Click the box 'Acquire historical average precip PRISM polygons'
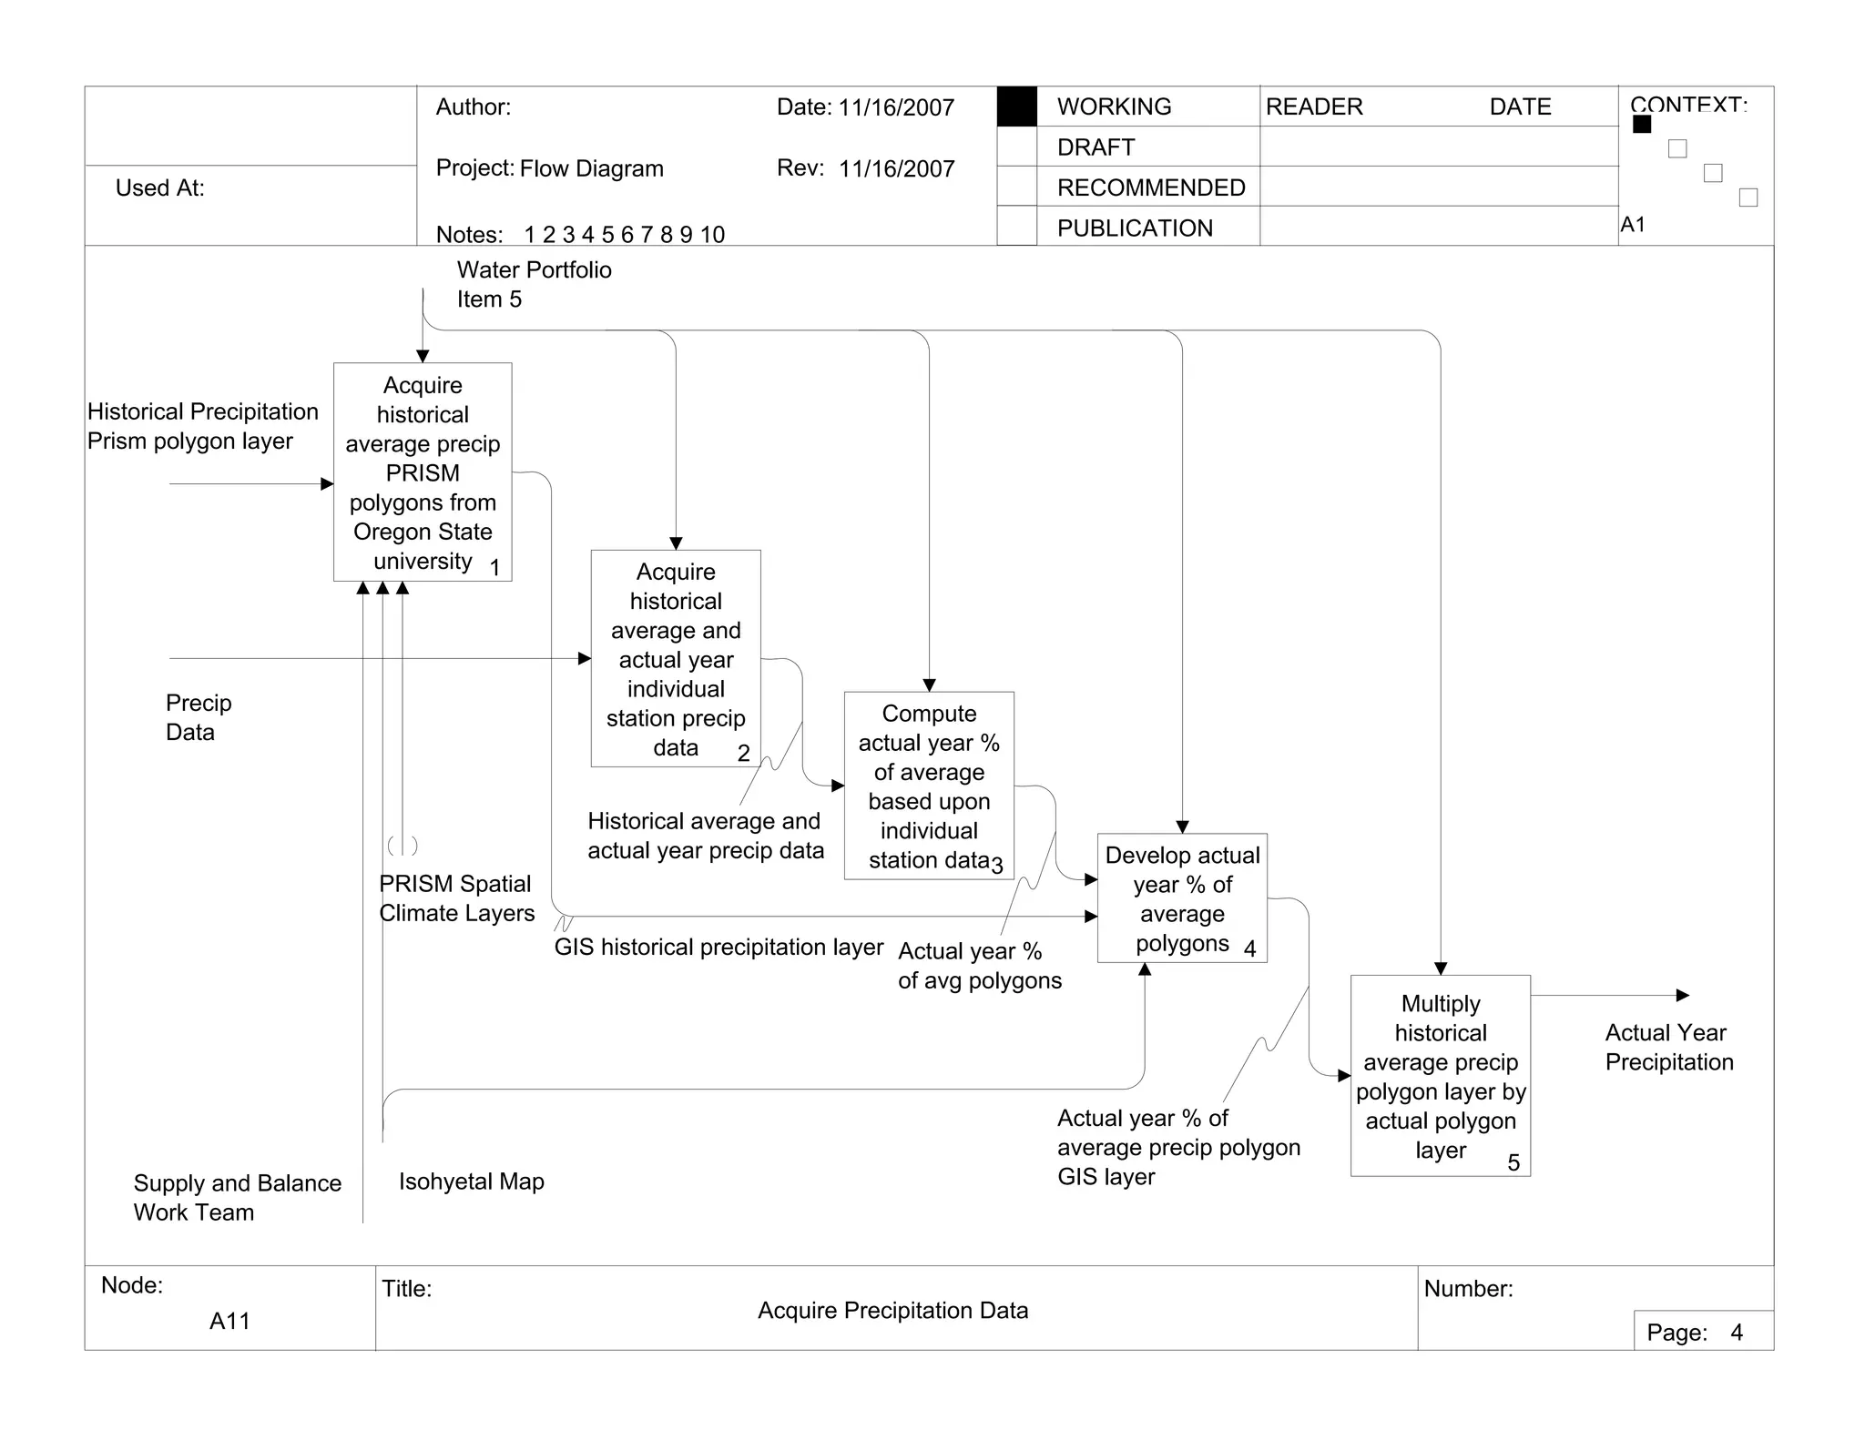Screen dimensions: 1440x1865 click(423, 472)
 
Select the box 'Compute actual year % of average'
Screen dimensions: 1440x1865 click(929, 786)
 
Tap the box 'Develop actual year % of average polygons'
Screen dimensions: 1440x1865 click(1182, 898)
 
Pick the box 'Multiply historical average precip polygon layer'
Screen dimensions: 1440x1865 click(1440, 1076)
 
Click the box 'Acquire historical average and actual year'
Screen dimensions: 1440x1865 click(676, 658)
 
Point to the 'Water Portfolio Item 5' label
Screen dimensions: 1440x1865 click(534, 284)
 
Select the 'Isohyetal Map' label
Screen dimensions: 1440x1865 click(471, 1181)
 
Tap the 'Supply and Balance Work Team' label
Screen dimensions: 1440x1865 click(237, 1197)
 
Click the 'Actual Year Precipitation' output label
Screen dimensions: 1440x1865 click(1668, 1047)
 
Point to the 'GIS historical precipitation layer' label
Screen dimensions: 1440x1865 click(718, 947)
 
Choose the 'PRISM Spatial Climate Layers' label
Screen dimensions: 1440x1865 click(456, 898)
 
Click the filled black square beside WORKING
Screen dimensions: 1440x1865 click(1016, 106)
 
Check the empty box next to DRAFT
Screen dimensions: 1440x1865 click(1016, 147)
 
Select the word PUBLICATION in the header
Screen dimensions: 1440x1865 click(1135, 228)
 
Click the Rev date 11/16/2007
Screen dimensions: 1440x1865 click(896, 168)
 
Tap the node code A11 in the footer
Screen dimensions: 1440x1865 click(229, 1321)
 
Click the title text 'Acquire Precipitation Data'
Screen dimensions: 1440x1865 click(892, 1310)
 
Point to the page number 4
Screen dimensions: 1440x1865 click(1737, 1333)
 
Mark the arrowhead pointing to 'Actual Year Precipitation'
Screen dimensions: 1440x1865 click(1683, 995)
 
